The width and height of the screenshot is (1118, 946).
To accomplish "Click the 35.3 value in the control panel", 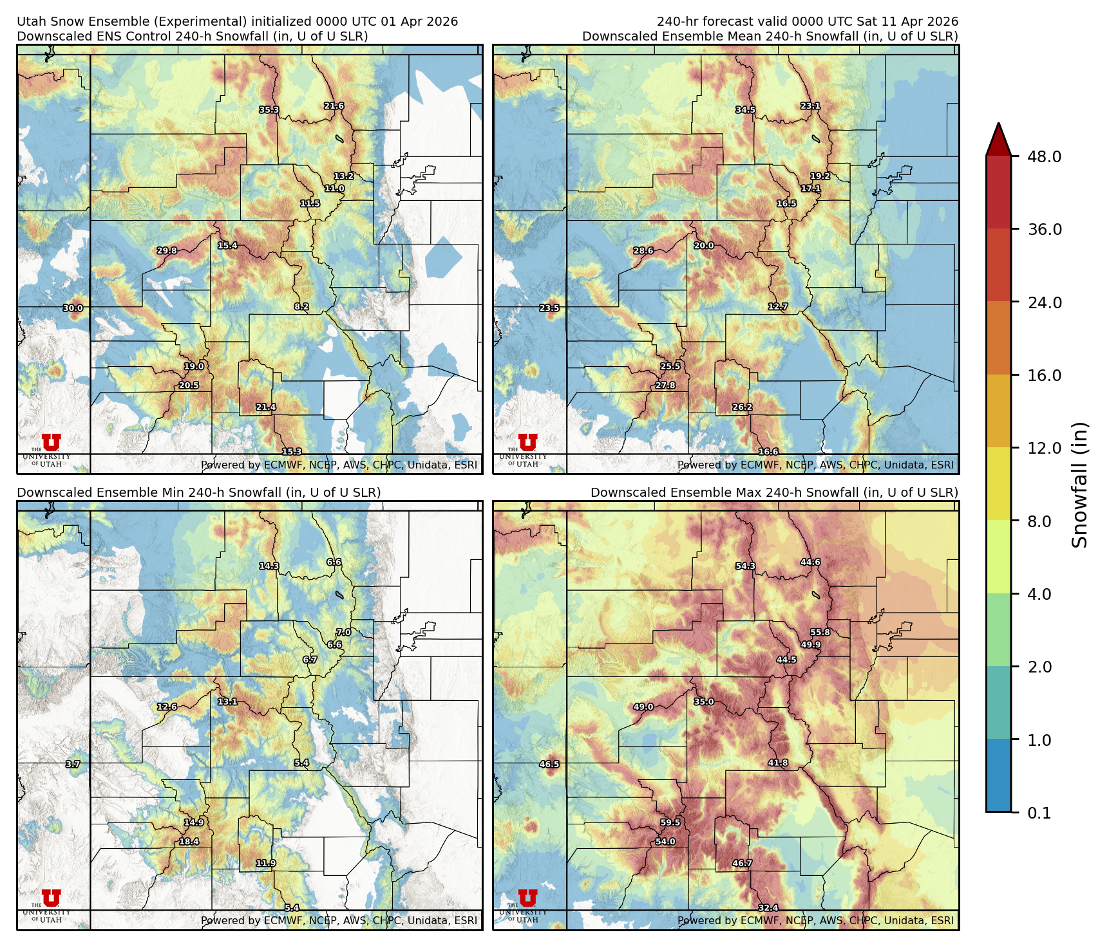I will coord(269,110).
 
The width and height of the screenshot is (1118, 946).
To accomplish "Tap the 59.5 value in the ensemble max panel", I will coord(670,822).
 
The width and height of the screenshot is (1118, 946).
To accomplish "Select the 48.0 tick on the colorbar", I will coord(1044,156).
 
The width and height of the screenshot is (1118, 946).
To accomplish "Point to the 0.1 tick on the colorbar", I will coord(1039,813).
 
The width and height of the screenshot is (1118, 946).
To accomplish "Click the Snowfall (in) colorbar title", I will coord(1080,484).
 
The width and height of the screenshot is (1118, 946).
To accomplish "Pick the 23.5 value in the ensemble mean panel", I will coord(549,308).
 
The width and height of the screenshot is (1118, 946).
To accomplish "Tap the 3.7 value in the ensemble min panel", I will coord(73,765).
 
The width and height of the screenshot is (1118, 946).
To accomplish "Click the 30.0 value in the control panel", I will coord(73,308).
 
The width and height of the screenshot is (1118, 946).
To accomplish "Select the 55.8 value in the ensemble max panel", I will coord(820,633).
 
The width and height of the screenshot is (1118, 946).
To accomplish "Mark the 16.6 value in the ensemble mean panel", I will coord(768,452).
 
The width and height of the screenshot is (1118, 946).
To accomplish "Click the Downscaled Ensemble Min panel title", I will coord(198,492).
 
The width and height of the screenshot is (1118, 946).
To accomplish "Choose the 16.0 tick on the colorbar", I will coord(1044,375).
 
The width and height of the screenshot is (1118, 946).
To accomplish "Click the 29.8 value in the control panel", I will coord(167,251).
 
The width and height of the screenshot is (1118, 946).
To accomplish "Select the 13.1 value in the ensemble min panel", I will coord(227,701).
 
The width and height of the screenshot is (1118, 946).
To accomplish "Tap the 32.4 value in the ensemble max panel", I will coord(768,908).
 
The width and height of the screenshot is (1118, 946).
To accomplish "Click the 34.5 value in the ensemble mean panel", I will coord(746,110).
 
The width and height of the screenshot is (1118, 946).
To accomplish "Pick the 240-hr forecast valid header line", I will coord(807,21).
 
